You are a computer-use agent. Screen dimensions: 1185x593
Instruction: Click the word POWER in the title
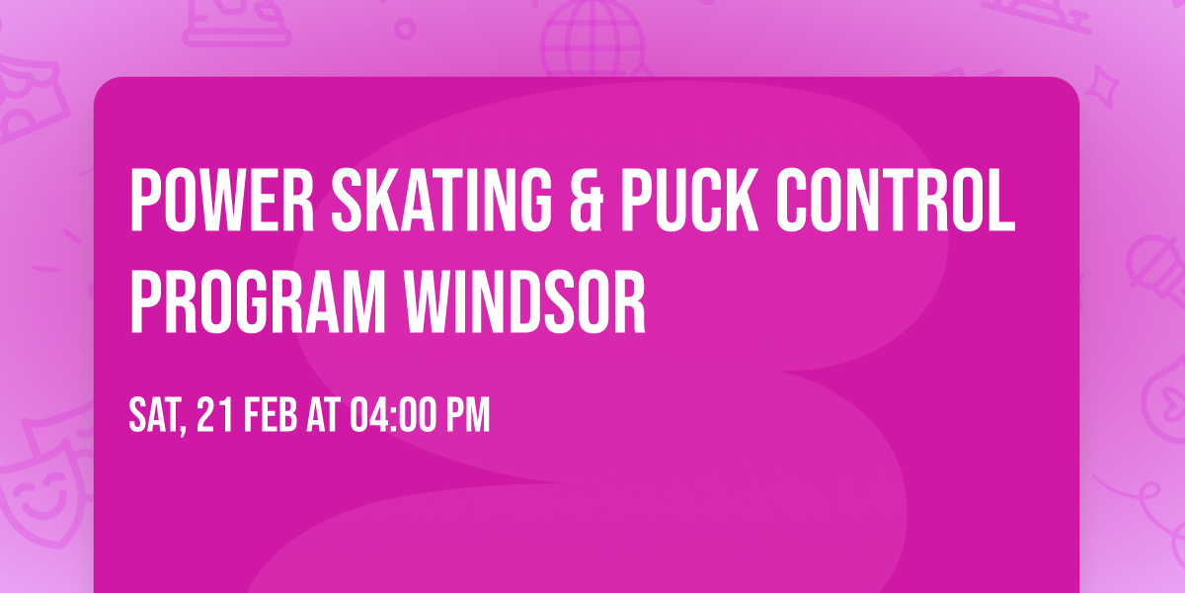tap(222, 200)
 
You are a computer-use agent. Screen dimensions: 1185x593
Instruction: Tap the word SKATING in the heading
tap(441, 200)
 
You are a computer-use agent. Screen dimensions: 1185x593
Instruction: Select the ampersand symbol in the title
tap(587, 200)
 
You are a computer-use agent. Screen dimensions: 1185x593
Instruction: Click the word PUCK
tap(690, 200)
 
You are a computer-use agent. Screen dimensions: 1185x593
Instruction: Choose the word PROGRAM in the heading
tap(258, 301)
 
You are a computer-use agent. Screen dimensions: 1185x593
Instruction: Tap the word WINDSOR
tap(524, 301)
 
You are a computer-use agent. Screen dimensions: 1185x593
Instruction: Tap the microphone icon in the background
tap(1156, 270)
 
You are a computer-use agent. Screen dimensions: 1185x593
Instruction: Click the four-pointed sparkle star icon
tap(1102, 87)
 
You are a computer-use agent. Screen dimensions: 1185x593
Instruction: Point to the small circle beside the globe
tap(405, 29)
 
